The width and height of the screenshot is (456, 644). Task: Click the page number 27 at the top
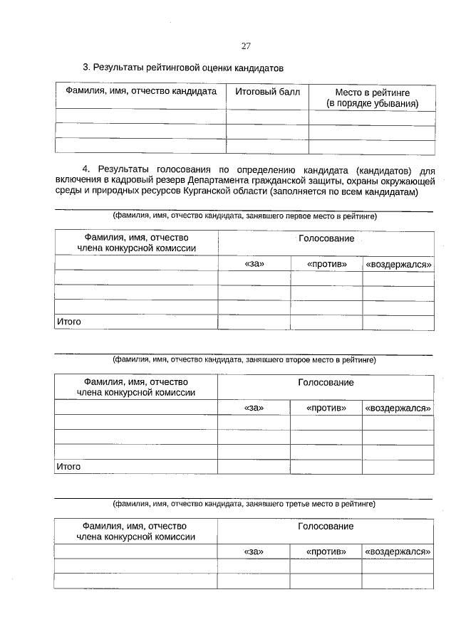(246, 46)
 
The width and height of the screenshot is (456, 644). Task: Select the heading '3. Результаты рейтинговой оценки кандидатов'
(183, 68)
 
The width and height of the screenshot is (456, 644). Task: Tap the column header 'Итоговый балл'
(267, 92)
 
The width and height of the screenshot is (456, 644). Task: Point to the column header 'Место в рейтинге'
(372, 93)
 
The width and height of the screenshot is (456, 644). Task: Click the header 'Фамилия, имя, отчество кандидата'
(141, 92)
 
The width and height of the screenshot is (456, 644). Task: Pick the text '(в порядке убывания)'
(372, 104)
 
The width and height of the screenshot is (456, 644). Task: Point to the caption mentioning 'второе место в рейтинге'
(244, 360)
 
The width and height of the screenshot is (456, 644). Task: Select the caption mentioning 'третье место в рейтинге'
(244, 504)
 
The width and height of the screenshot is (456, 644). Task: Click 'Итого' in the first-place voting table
(68, 322)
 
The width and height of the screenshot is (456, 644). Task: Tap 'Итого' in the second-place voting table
(68, 467)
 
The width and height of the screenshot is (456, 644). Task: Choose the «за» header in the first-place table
(254, 264)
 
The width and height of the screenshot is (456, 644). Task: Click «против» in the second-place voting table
(326, 408)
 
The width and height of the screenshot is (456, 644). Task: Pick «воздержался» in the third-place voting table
(398, 551)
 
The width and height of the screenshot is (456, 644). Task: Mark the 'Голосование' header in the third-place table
(326, 527)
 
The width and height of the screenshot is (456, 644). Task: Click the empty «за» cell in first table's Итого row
(254, 322)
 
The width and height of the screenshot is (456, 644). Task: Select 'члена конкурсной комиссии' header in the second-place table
(136, 393)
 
